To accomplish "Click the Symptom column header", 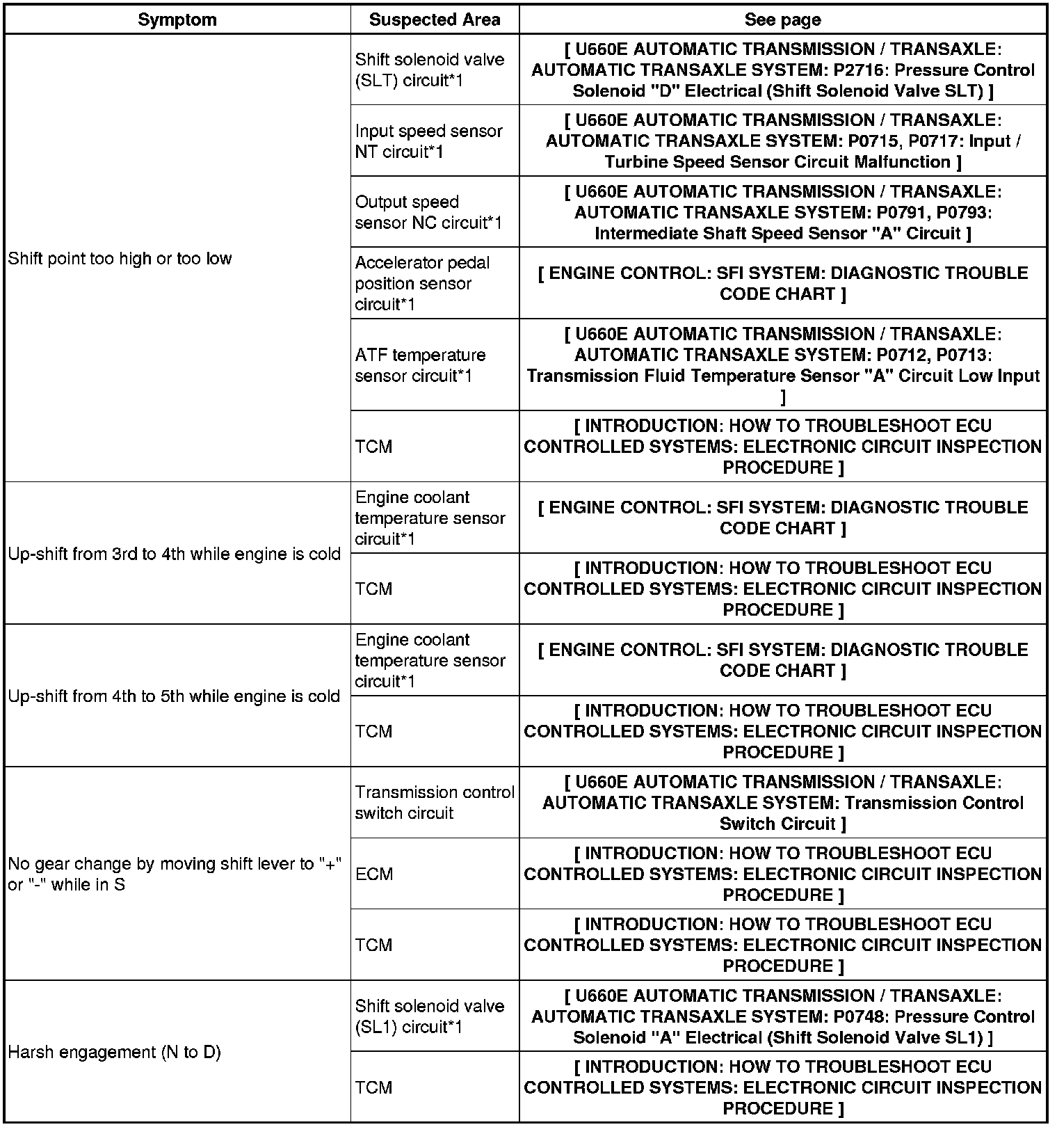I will [x=177, y=19].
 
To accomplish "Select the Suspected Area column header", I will [x=435, y=19].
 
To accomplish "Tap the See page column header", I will [x=782, y=19].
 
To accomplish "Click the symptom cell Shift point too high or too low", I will [x=120, y=259].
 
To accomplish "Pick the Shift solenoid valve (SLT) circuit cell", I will [x=429, y=70].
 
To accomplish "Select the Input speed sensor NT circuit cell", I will [x=428, y=141].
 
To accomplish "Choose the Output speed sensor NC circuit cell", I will [x=428, y=212].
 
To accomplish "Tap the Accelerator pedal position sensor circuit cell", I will [x=422, y=283].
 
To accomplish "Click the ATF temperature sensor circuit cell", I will [x=420, y=365].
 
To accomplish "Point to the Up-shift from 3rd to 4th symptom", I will [x=174, y=554].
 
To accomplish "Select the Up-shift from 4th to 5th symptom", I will [x=174, y=696].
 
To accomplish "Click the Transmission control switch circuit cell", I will [x=434, y=802].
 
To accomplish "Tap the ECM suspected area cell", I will [x=374, y=874].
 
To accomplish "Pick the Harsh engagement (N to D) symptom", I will [x=114, y=1052].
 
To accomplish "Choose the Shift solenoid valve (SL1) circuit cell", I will [x=429, y=1016].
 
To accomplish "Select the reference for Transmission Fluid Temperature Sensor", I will [x=782, y=376].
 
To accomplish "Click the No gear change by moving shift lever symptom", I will [x=174, y=874].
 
